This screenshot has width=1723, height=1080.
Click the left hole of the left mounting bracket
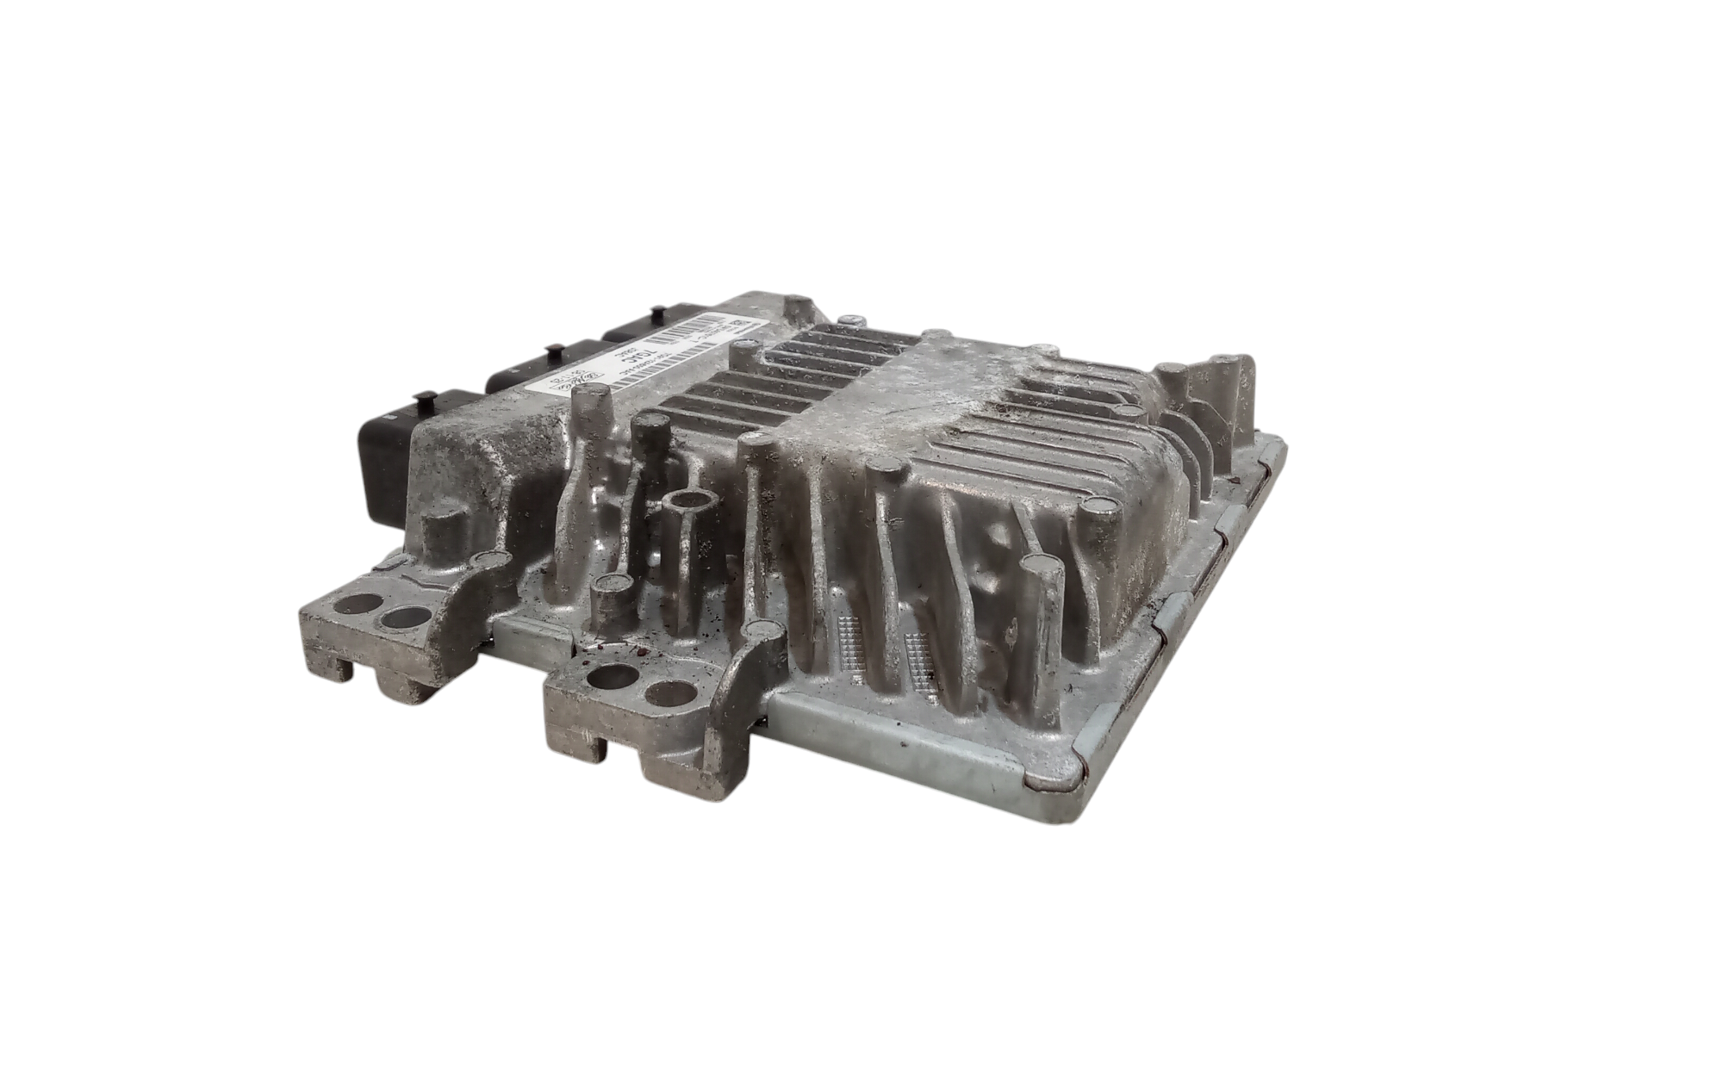[x=356, y=605]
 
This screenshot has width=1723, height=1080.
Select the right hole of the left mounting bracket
[x=405, y=618]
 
